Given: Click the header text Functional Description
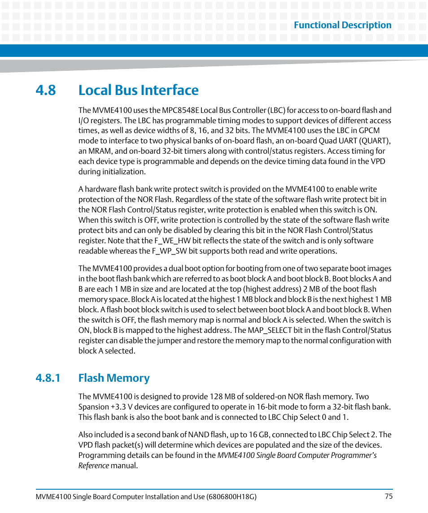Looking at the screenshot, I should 342,25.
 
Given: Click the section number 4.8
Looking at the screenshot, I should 46,90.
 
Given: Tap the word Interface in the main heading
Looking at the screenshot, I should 169,90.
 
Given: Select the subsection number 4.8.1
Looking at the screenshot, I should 48,378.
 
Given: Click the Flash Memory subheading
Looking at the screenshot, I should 114,378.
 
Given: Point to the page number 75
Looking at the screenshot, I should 389,496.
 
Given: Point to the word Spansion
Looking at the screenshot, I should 93,407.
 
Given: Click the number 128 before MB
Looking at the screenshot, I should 215,397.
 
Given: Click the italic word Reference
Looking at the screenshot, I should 93,466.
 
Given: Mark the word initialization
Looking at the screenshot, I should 124,172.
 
